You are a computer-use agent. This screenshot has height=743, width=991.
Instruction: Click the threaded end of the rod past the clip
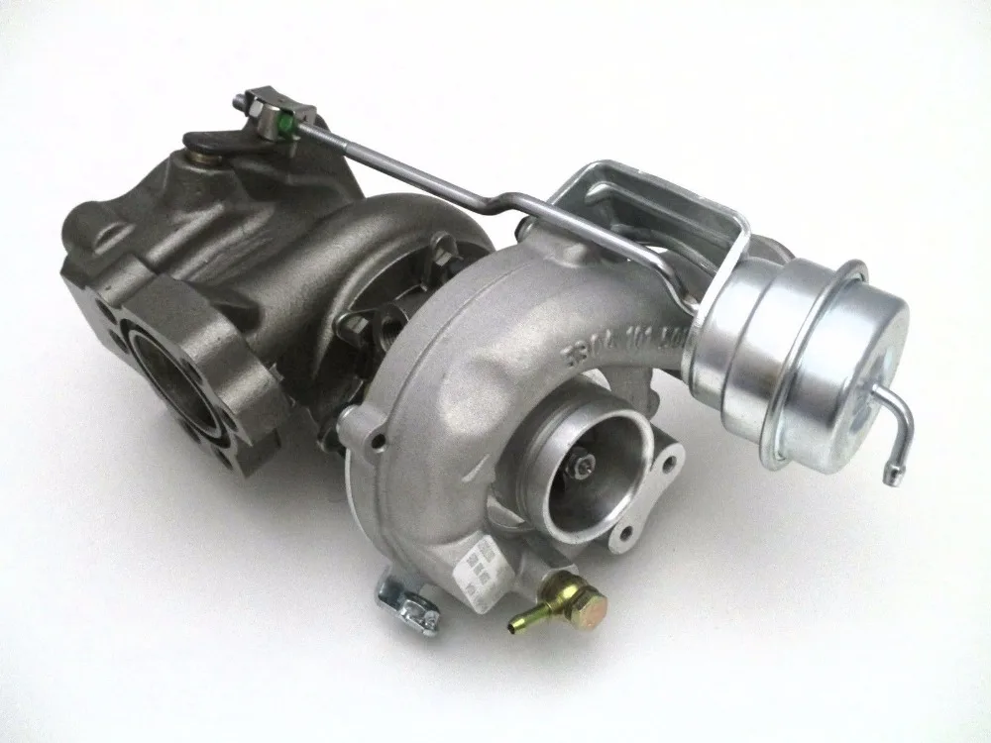pyautogui.click(x=248, y=102)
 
